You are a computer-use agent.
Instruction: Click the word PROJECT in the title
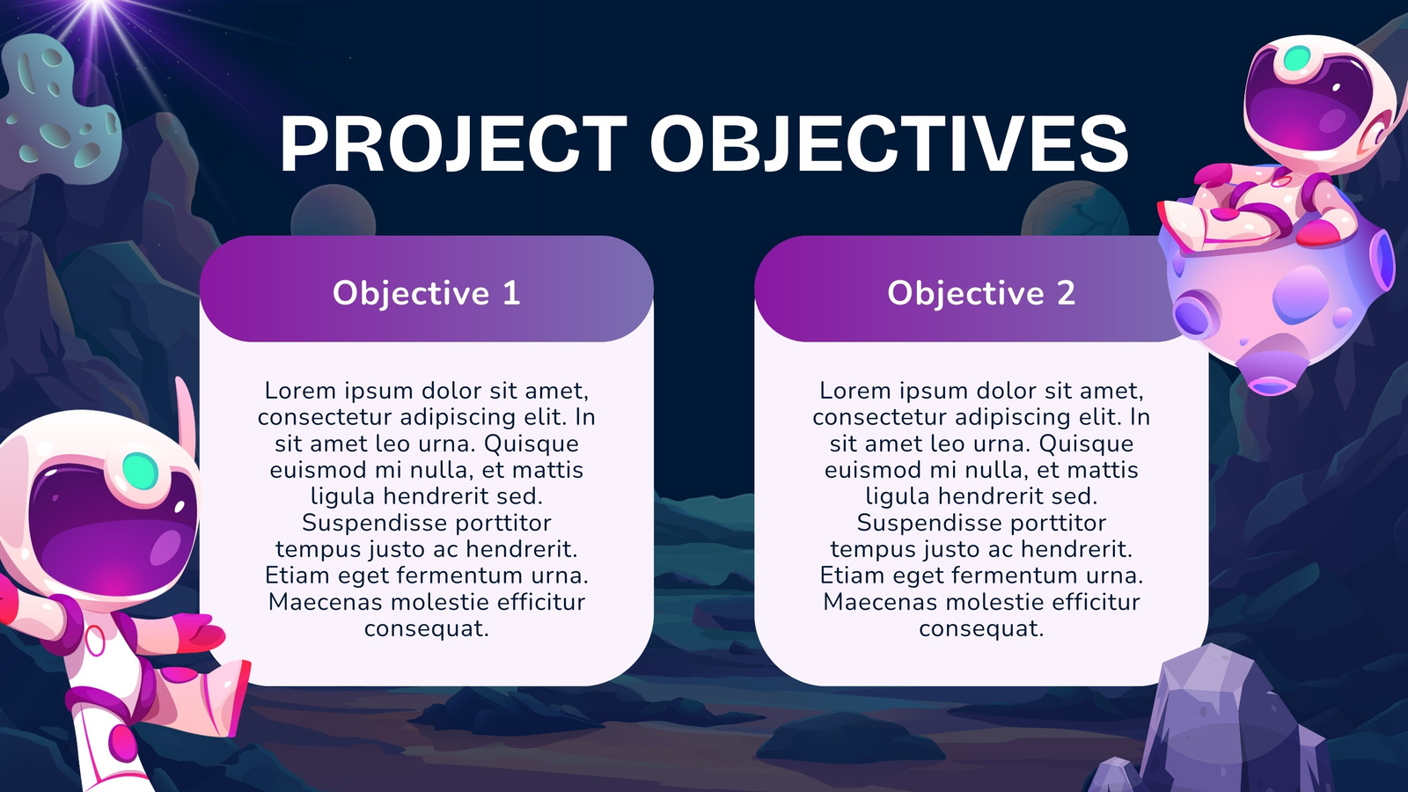tap(453, 144)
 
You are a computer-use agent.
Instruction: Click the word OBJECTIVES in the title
tap(890, 144)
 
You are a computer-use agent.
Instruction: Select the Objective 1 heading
tap(426, 294)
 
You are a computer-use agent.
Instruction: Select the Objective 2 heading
tap(981, 294)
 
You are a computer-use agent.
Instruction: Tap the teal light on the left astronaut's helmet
tap(140, 471)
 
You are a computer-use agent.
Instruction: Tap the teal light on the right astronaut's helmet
tap(1296, 58)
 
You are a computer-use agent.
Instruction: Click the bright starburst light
tap(98, 6)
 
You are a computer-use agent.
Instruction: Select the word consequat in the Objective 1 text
tap(426, 628)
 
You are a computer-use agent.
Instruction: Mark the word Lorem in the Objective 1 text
tap(292, 391)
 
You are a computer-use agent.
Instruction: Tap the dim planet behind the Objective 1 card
tap(334, 210)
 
